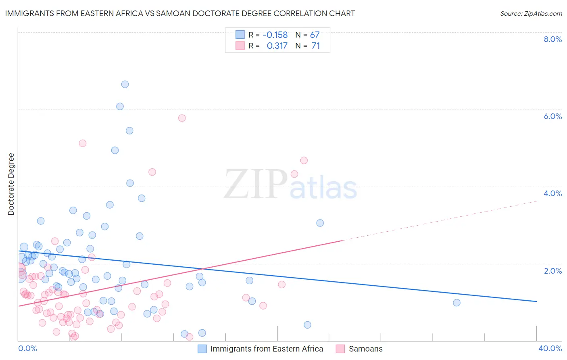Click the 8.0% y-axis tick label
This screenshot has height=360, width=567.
(552, 39)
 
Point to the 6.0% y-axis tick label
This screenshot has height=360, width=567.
(552, 116)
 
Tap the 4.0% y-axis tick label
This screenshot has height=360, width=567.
(552, 193)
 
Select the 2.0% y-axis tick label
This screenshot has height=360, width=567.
(552, 271)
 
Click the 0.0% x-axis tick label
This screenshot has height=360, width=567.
(27, 348)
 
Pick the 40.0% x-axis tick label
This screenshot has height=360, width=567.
(550, 348)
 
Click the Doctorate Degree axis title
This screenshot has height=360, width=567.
(11, 184)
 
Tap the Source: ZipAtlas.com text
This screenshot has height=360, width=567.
(531, 13)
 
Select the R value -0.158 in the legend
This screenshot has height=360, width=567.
(275, 35)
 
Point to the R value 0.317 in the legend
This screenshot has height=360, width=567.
(277, 46)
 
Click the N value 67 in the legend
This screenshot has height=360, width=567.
(315, 35)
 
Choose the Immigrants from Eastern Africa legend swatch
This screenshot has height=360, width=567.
(202, 349)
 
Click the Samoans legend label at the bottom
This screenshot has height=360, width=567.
(365, 349)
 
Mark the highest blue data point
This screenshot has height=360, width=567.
(125, 84)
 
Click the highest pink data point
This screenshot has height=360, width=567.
(182, 118)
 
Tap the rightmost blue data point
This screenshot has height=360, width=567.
(457, 303)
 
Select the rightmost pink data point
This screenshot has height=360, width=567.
(304, 161)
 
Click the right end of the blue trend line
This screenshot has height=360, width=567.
(536, 301)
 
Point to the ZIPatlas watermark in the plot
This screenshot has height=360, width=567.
(290, 185)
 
